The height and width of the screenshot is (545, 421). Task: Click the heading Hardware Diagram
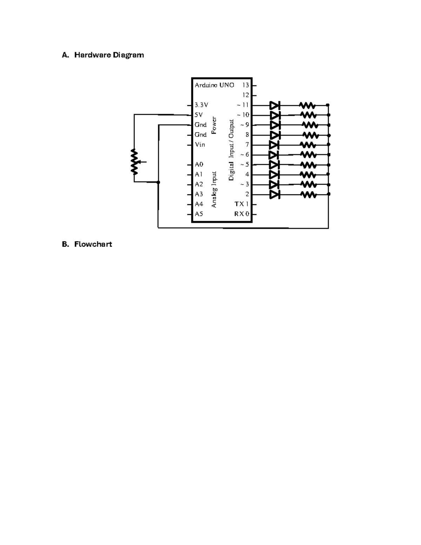click(109, 55)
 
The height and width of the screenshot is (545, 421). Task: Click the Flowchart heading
click(93, 244)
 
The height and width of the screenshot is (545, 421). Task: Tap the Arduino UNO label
click(214, 85)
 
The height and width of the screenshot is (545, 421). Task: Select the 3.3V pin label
click(201, 105)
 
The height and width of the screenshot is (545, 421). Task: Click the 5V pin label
click(199, 115)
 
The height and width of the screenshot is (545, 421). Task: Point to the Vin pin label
click(200, 145)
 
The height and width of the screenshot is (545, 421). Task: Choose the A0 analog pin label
click(199, 165)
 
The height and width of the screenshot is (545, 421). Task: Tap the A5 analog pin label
click(199, 214)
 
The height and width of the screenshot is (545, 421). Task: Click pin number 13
click(246, 85)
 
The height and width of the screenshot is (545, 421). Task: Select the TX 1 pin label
click(241, 204)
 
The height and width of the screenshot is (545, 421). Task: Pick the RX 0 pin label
click(242, 214)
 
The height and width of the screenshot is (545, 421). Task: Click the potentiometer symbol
click(136, 162)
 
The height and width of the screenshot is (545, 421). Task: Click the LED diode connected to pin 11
click(275, 106)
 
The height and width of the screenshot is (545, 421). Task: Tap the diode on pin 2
click(275, 195)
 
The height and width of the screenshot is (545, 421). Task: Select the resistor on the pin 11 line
click(307, 105)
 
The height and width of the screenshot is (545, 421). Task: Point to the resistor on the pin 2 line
click(308, 195)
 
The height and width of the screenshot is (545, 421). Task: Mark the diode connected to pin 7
click(274, 145)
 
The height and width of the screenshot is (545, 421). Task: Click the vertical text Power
click(214, 125)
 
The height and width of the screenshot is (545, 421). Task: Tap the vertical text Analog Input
click(214, 190)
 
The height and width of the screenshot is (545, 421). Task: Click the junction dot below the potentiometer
click(158, 182)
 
